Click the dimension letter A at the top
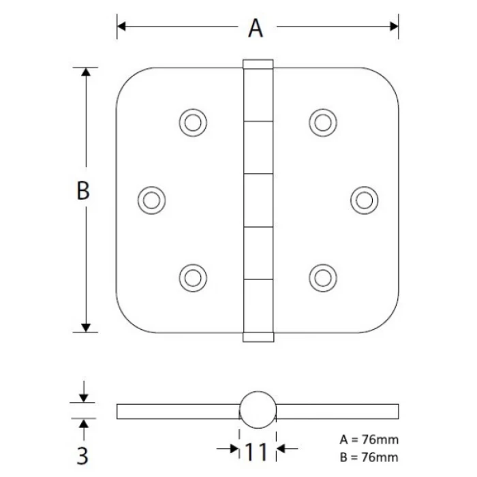click(255, 28)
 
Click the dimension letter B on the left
click(82, 191)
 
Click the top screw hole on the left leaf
click(193, 122)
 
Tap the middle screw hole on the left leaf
click(151, 199)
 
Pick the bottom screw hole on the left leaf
click(193, 276)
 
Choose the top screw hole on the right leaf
click(322, 122)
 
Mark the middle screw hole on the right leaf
click(364, 199)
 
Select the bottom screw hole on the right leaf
click(322, 276)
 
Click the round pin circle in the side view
click(258, 410)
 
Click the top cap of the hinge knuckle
click(258, 65)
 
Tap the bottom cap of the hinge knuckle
click(258, 336)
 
